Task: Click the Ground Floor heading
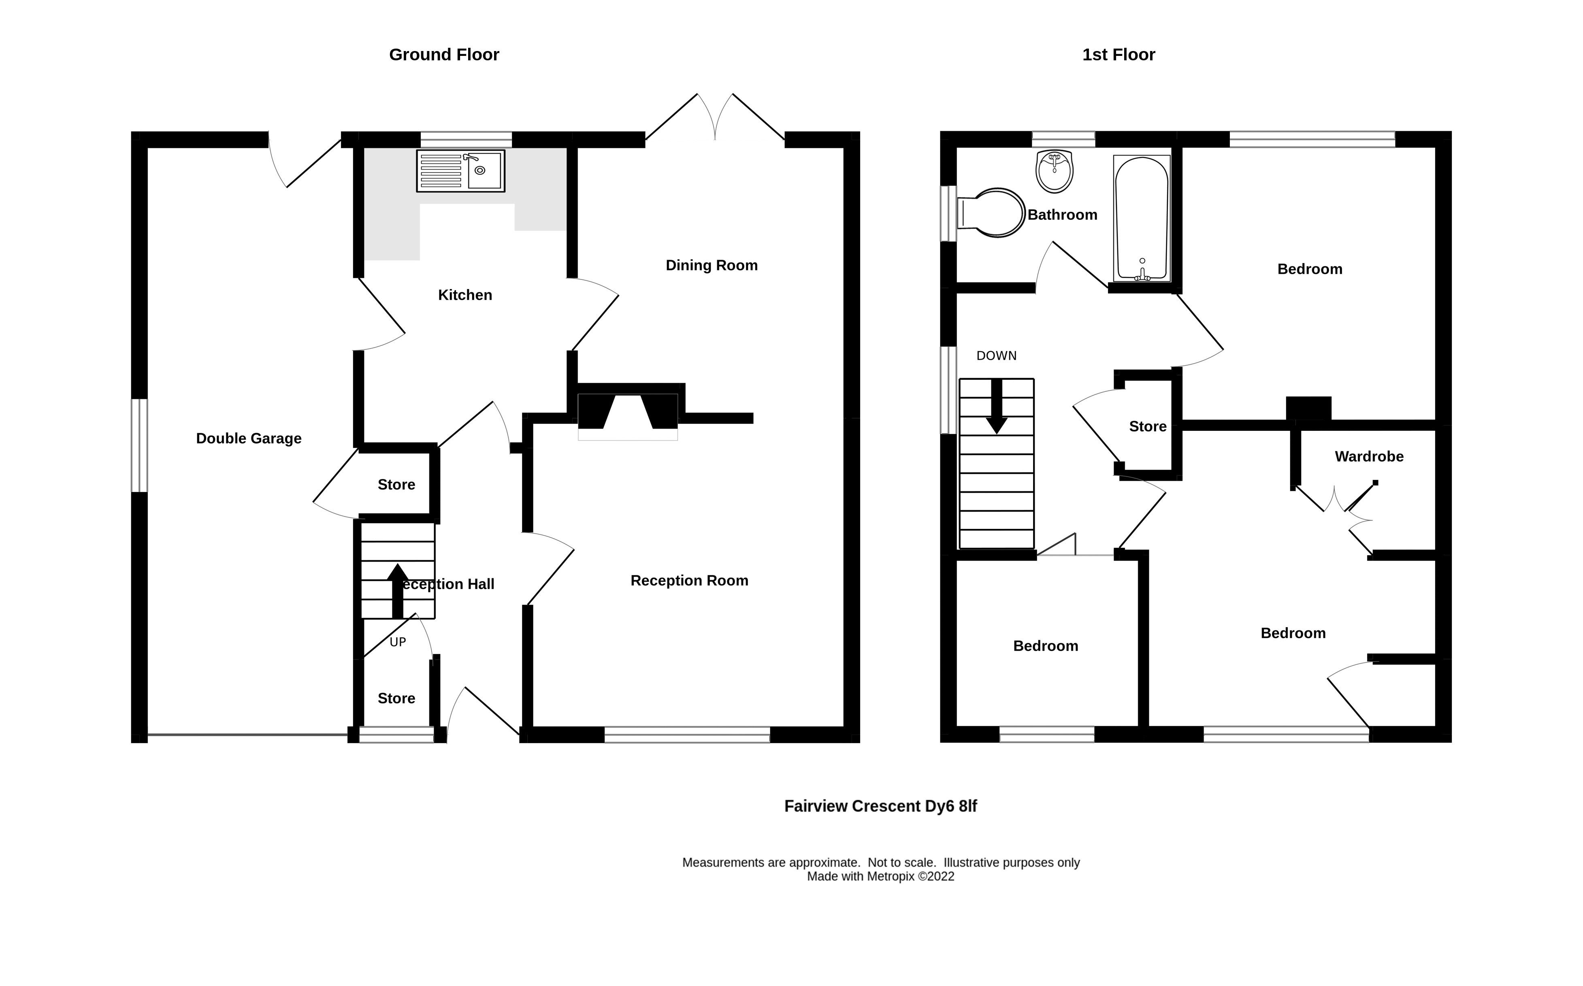pos(444,55)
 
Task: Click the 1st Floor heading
pos(1118,55)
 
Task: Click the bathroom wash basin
pos(1054,171)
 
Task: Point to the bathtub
pos(1142,219)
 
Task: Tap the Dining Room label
pos(711,265)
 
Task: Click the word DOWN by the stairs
pos(996,356)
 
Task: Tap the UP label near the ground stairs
pos(398,642)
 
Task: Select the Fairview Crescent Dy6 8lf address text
pos(880,807)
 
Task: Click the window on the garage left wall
pos(140,445)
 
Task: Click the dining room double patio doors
pos(715,117)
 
